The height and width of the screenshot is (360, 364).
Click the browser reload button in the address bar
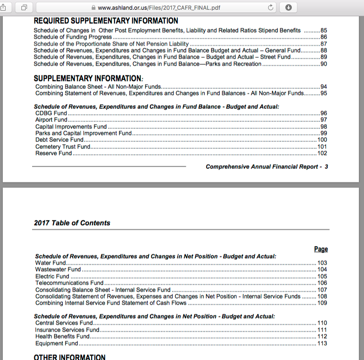pos(270,7)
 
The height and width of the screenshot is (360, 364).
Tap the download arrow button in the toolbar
pos(288,7)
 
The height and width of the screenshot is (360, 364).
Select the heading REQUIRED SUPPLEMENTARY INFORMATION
pos(106,21)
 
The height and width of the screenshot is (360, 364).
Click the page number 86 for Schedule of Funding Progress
pos(324,37)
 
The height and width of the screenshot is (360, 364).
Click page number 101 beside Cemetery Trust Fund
pos(322,147)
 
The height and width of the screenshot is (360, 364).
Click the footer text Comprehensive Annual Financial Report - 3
pos(267,167)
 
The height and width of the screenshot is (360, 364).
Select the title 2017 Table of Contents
pos(72,223)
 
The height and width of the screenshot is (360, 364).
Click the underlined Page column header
pos(321,249)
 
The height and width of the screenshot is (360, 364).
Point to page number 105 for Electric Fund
pos(322,276)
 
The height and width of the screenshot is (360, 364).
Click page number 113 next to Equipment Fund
pos(322,344)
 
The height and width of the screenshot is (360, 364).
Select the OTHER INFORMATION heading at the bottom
pos(70,357)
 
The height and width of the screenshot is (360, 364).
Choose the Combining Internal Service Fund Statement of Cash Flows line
pos(111,303)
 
